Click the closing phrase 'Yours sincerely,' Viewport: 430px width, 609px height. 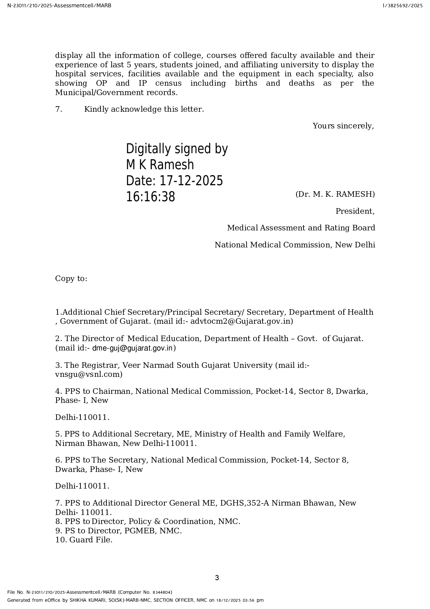(x=343, y=126)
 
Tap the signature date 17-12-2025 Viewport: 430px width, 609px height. (x=191, y=181)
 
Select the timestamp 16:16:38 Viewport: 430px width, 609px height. (x=150, y=197)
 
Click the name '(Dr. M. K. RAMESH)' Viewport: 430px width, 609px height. (x=335, y=194)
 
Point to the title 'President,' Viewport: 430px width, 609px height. (x=355, y=211)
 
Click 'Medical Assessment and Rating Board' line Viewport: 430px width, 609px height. (x=301, y=228)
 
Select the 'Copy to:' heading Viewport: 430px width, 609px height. (x=71, y=279)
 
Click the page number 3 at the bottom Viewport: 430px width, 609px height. (x=217, y=578)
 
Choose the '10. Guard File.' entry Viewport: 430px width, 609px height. (x=84, y=540)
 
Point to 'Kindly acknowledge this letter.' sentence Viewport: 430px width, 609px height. (x=144, y=109)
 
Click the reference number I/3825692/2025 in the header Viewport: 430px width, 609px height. (x=403, y=6)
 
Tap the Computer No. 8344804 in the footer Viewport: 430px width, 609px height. (x=162, y=592)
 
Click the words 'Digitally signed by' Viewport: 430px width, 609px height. (x=177, y=149)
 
